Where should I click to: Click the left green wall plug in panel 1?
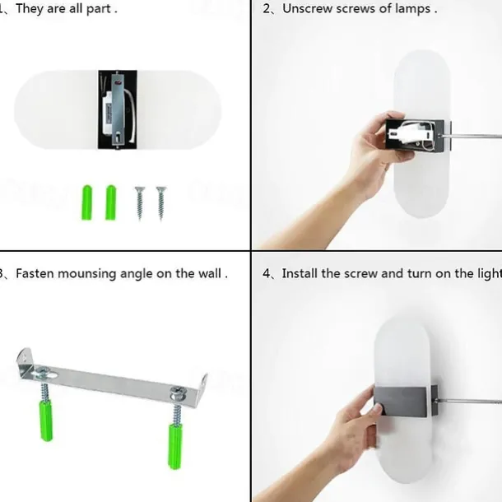pos(86,202)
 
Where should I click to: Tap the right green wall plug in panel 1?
pos(111,202)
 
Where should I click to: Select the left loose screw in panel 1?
pos(140,203)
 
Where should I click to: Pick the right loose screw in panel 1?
pos(161,203)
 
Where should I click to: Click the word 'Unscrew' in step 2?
pos(307,9)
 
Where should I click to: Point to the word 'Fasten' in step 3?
pos(35,273)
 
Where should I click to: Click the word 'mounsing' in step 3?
pos(86,274)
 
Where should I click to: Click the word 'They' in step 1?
pos(30,9)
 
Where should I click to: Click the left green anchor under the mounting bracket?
pos(46,420)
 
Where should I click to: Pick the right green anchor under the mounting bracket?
pos(175,446)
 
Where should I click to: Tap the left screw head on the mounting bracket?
pos(43,372)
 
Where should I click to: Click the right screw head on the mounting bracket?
pos(177,393)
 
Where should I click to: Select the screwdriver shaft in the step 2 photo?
pos(472,136)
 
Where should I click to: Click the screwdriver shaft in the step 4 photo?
pos(467,401)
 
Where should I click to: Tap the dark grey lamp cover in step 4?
pos(401,401)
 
